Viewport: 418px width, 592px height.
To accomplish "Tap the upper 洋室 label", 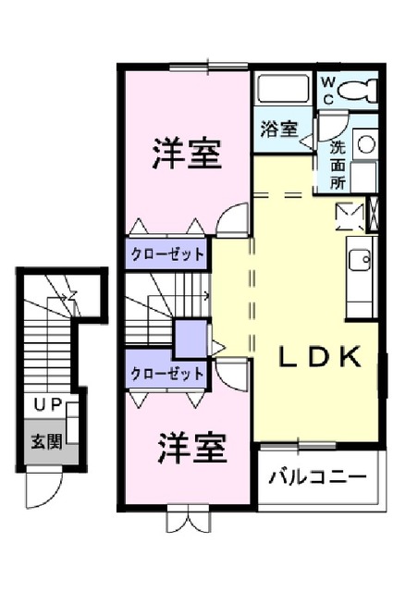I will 187,153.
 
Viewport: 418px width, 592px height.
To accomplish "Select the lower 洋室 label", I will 191,449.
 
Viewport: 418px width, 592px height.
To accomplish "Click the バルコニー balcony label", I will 317,478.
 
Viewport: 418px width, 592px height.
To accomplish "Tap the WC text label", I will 328,90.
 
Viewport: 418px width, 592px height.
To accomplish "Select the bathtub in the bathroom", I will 282,91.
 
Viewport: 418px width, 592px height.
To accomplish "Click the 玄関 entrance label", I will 46,441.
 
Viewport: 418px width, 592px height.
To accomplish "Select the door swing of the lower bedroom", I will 233,375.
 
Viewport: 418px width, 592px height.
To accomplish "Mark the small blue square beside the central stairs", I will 191,337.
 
